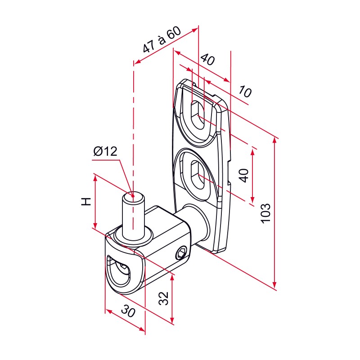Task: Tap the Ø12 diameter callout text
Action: click(105, 151)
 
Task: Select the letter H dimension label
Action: click(86, 201)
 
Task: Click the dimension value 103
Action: click(265, 213)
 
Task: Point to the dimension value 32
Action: click(164, 298)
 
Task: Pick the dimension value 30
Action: click(128, 311)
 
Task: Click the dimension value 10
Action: click(245, 91)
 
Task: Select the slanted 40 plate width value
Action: click(208, 59)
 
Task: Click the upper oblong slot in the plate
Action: click(198, 117)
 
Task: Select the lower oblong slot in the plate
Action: click(198, 175)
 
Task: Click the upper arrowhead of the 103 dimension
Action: click(274, 140)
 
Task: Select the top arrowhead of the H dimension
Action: click(95, 178)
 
